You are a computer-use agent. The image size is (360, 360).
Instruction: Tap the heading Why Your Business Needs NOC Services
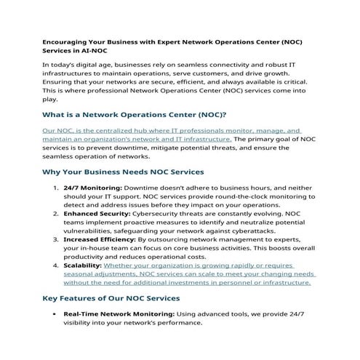(x=123, y=172)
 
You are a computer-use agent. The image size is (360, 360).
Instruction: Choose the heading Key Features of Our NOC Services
(x=111, y=299)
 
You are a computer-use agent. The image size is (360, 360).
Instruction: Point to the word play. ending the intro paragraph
(x=52, y=100)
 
